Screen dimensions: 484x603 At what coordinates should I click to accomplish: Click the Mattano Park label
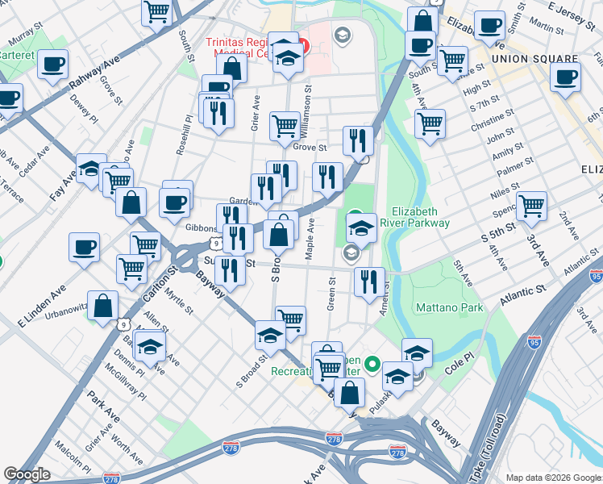[450, 307]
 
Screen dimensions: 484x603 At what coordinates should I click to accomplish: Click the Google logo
[27, 474]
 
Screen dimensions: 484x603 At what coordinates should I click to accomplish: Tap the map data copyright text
[553, 478]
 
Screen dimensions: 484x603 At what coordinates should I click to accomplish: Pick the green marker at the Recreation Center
[372, 365]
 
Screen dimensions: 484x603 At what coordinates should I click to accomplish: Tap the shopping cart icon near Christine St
[430, 123]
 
